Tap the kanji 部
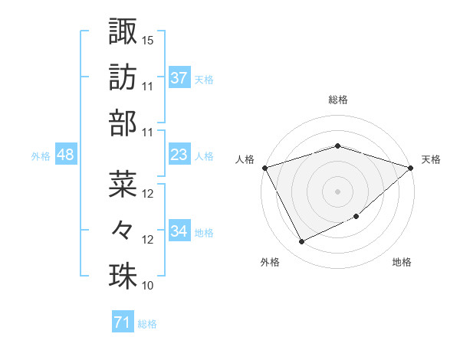click(x=123, y=122)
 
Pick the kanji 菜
click(x=123, y=182)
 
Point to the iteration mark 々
click(x=123, y=228)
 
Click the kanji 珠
click(x=123, y=275)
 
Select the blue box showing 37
click(x=179, y=78)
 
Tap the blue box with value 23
click(x=179, y=155)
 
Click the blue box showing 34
click(x=179, y=231)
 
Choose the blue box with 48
click(x=65, y=155)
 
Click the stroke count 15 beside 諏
click(x=148, y=39)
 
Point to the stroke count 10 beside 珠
click(x=148, y=286)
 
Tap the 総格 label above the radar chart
click(x=338, y=100)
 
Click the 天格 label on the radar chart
click(x=432, y=159)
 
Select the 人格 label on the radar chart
click(x=245, y=159)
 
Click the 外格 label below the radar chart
click(x=270, y=263)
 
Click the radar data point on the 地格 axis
click(x=357, y=217)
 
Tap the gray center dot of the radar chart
click(x=338, y=191)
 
